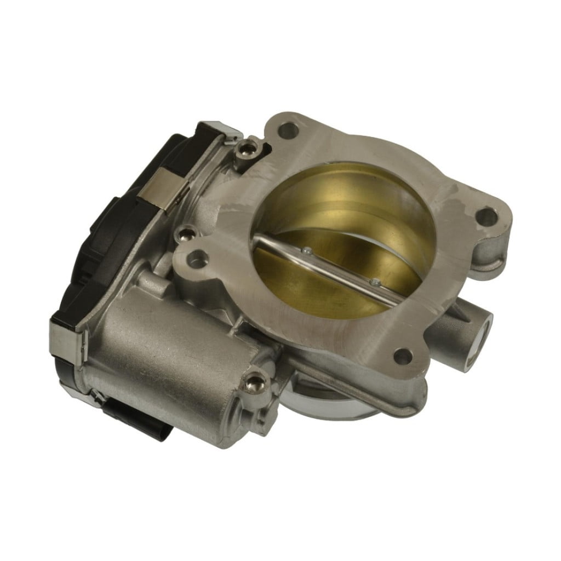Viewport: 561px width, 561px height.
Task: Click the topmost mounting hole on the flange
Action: click(289, 131)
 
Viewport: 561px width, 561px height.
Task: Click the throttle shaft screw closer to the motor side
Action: click(308, 251)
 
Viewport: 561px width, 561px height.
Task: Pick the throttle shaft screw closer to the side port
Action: click(374, 283)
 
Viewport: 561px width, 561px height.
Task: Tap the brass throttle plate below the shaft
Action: click(307, 285)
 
